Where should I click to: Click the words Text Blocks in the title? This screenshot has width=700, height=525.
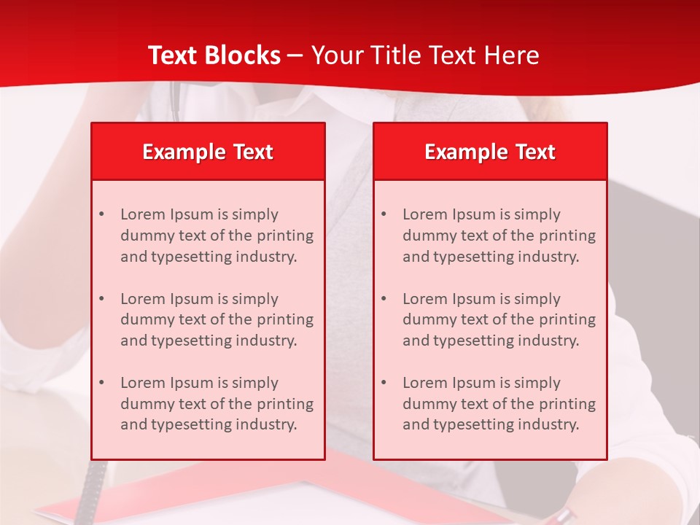(x=214, y=55)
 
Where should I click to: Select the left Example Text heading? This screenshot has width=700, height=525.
(x=208, y=152)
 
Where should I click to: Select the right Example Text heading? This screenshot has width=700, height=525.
(x=490, y=152)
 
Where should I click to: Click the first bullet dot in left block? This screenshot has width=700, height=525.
(x=101, y=214)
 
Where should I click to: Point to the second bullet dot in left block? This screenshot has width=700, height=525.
(x=101, y=299)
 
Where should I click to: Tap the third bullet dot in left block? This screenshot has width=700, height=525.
(x=101, y=383)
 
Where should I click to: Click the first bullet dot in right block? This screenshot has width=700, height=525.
(x=384, y=214)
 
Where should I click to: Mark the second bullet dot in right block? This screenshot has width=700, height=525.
(x=384, y=299)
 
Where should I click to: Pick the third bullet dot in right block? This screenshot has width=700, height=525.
(x=384, y=383)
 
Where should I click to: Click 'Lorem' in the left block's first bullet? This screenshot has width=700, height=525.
(x=143, y=214)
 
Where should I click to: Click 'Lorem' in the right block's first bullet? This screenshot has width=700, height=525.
(x=425, y=214)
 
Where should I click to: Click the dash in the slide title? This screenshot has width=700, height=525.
(x=295, y=55)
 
